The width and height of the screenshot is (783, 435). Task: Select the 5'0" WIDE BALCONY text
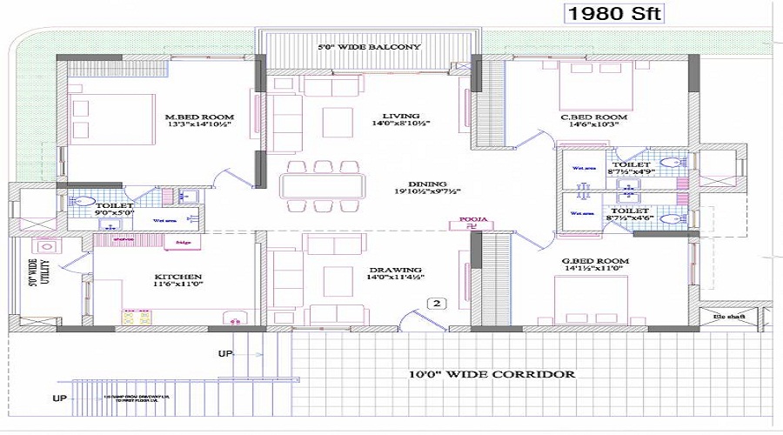368,47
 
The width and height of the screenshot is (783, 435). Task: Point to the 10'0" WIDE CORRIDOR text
492,374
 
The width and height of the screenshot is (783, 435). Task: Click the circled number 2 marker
438,304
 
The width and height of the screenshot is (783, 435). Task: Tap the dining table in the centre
321,186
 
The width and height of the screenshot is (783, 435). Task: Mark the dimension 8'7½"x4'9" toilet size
630,172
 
